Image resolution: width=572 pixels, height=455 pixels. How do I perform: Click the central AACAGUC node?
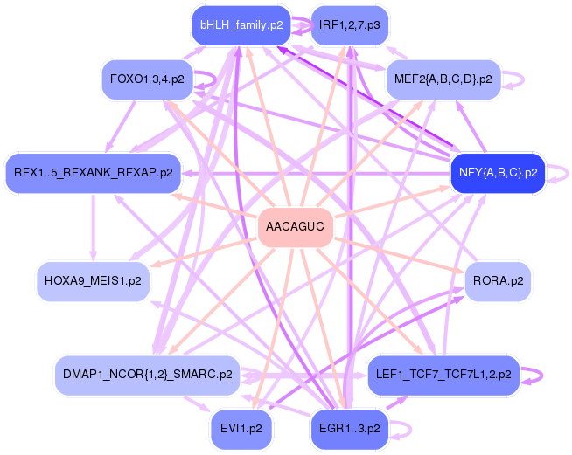click(295, 228)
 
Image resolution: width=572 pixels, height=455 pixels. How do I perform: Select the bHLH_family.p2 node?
click(241, 25)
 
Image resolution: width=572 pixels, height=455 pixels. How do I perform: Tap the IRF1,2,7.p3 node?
click(350, 25)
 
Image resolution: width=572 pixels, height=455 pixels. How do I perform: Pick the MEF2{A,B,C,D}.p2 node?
click(443, 79)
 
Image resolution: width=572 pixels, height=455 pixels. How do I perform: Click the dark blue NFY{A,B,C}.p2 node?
click(497, 172)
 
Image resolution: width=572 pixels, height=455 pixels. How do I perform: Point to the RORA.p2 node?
click(498, 282)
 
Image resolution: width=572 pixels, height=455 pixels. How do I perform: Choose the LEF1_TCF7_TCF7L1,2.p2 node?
click(443, 374)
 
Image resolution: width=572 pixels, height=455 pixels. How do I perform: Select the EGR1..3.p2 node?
click(349, 429)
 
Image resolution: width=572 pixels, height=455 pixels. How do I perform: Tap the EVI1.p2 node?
click(241, 429)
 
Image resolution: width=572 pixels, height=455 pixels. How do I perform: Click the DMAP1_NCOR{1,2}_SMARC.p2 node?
click(147, 374)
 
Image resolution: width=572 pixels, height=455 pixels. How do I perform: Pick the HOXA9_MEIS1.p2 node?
click(93, 282)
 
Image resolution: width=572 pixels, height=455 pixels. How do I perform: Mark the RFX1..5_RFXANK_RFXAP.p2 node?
click(93, 172)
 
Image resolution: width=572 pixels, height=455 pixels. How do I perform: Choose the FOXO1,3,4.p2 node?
click(147, 79)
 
